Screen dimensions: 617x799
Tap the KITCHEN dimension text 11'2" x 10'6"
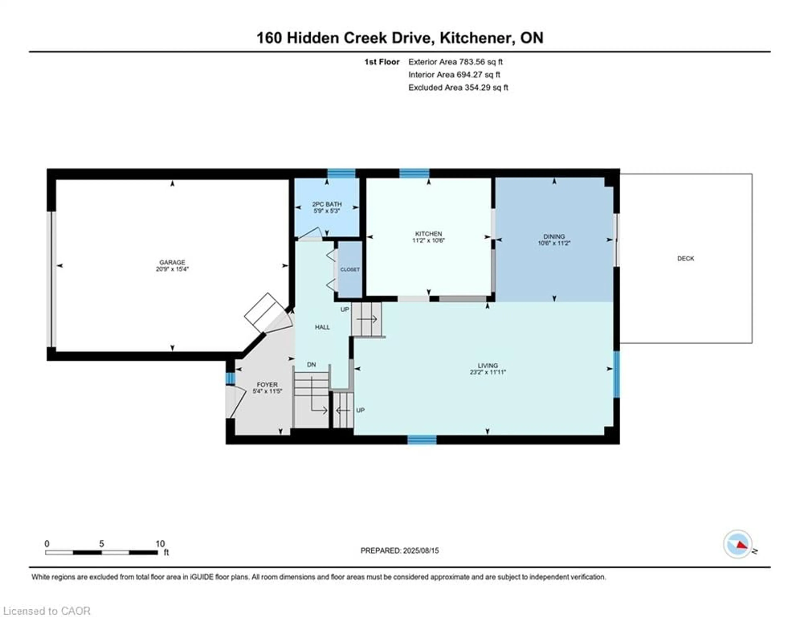click(x=428, y=240)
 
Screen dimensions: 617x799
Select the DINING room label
click(x=554, y=236)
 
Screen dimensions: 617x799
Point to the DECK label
click(x=685, y=258)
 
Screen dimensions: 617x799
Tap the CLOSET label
click(x=350, y=269)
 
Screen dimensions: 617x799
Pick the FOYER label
click(x=267, y=385)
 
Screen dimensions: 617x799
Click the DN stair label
click(x=311, y=364)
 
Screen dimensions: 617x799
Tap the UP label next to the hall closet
click(x=345, y=309)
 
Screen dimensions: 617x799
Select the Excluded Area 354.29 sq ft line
click(x=458, y=87)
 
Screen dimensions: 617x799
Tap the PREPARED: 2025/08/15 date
click(x=399, y=550)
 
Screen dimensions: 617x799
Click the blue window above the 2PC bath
click(x=341, y=173)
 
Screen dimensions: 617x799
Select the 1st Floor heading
click(x=382, y=62)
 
